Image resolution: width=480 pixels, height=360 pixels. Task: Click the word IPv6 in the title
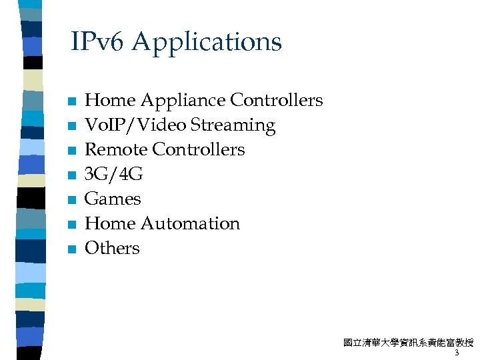[x=98, y=42]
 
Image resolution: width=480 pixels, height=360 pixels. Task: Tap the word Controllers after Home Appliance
[x=276, y=101]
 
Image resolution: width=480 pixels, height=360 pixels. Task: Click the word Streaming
[x=233, y=126]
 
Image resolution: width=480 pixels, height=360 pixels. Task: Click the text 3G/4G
[x=114, y=174]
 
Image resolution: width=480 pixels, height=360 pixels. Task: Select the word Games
[x=113, y=199]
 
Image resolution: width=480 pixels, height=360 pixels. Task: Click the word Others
[x=113, y=248]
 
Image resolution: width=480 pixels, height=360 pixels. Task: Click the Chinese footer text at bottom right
[x=408, y=343]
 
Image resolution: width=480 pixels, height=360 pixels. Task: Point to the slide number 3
[x=456, y=353]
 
